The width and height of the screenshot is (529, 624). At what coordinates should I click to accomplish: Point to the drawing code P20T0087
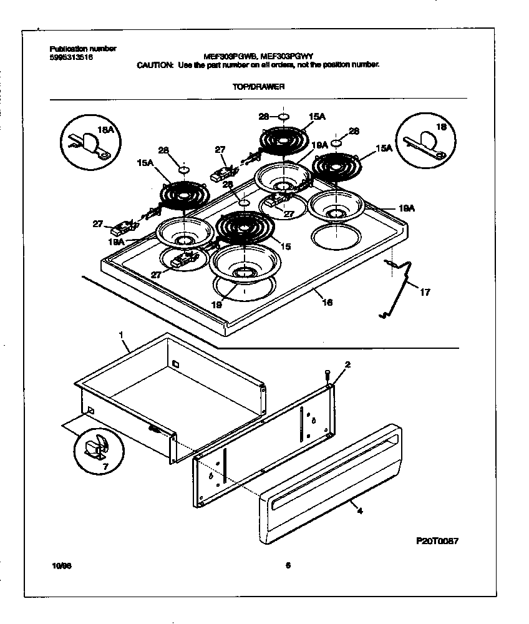[437, 541]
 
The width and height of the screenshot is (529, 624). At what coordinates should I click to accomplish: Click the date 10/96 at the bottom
[60, 566]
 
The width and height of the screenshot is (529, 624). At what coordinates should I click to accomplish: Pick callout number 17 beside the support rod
[425, 292]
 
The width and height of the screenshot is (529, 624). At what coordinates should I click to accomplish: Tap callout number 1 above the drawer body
[121, 336]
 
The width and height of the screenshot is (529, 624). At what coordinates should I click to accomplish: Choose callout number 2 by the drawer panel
[347, 364]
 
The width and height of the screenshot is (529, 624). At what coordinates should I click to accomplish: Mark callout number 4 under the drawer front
[360, 510]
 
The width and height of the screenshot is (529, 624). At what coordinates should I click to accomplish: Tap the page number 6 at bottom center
[288, 566]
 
